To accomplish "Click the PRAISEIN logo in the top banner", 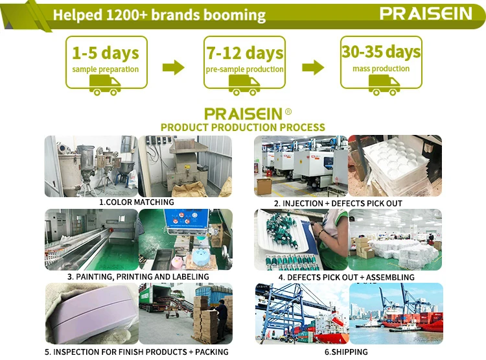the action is [426, 14].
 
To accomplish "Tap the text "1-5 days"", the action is [106, 53].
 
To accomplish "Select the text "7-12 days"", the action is [245, 53].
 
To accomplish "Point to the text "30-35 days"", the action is [381, 51].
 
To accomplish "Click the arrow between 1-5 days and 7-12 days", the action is [174, 67].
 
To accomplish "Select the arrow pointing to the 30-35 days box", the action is [313, 67].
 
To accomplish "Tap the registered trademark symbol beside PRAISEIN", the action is [288, 112].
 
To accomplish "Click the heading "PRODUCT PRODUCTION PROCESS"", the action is [243, 127].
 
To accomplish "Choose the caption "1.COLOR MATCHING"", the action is [136, 202].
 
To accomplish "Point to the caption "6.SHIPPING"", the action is [346, 352].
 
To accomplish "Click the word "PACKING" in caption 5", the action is [212, 352].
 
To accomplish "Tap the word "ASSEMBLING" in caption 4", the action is [390, 277].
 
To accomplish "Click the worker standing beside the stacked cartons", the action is [222, 317].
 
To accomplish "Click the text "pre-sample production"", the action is [245, 69].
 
